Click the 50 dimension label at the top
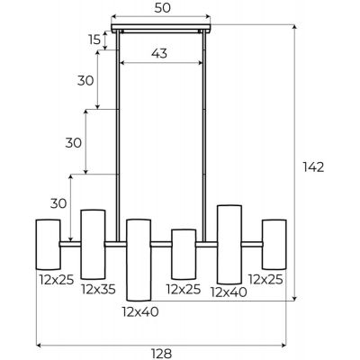click(162, 8)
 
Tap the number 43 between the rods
click(159, 54)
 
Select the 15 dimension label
click(94, 40)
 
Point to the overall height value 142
click(313, 167)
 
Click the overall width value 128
click(161, 354)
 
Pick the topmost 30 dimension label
click(85, 81)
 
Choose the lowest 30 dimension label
click(58, 203)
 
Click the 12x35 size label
click(98, 289)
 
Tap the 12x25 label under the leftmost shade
click(57, 280)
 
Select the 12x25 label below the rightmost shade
click(265, 280)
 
